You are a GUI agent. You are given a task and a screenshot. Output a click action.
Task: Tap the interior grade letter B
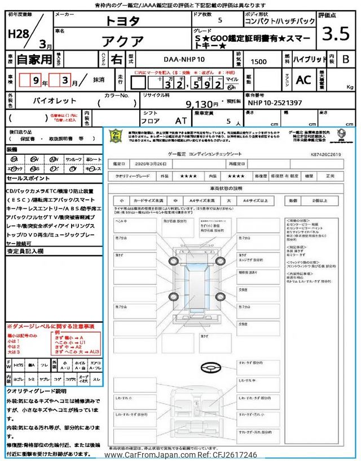346,59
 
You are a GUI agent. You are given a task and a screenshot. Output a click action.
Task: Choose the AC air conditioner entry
303,80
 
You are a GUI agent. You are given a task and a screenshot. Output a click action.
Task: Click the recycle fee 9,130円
201,104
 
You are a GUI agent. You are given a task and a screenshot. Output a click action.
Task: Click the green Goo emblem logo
116,137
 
